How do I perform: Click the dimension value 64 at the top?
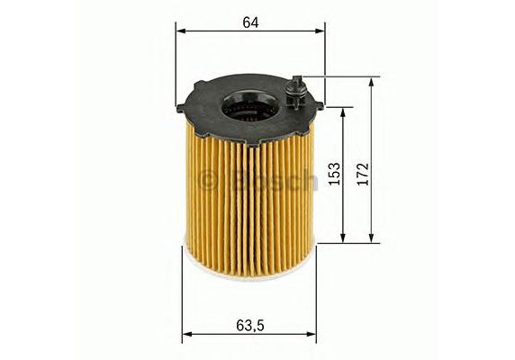tap(250, 22)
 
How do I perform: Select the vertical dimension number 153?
tap(335, 174)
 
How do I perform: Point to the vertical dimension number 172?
tap(363, 174)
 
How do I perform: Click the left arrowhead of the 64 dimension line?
tap(181, 31)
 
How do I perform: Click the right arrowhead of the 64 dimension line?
tap(320, 31)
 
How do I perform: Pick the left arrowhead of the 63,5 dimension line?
tap(187, 214)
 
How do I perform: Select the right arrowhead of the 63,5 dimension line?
tap(311, 214)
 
